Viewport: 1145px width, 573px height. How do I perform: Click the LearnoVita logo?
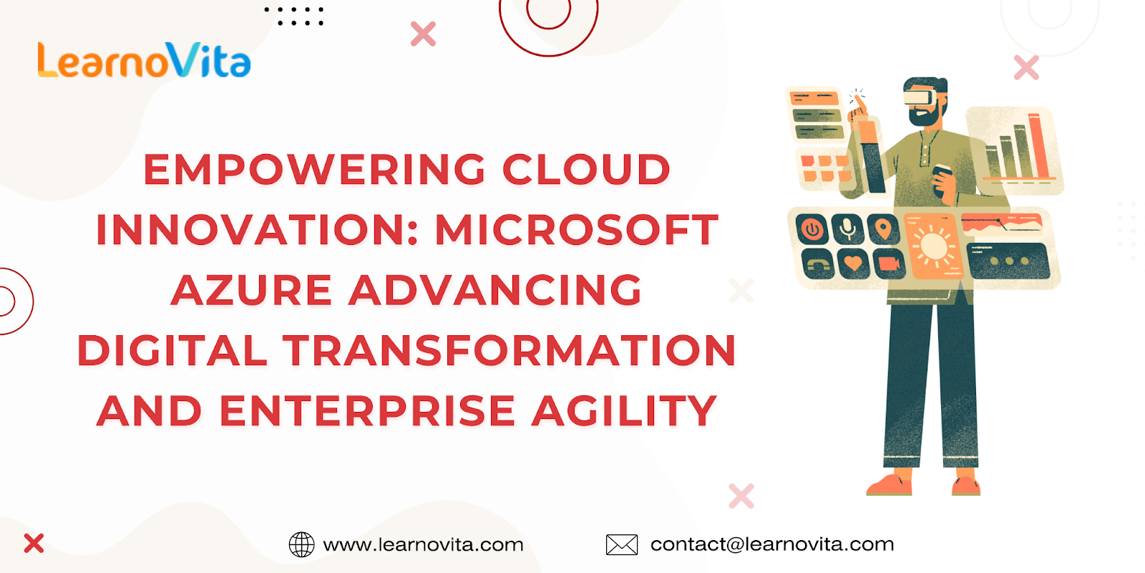pyautogui.click(x=144, y=60)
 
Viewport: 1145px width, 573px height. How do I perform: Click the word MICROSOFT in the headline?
pyautogui.click(x=577, y=230)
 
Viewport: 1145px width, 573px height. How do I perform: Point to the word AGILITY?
pyautogui.click(x=624, y=411)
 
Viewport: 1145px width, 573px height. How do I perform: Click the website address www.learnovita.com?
pyautogui.click(x=423, y=544)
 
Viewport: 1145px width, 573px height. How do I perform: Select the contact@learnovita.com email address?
pyautogui.click(x=772, y=544)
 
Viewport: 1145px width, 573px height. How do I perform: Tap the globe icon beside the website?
pyautogui.click(x=301, y=544)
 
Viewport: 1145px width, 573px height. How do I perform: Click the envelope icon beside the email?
pyautogui.click(x=622, y=544)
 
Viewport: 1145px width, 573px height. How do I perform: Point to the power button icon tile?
pyautogui.click(x=812, y=228)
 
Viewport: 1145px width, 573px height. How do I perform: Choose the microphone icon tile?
pyautogui.click(x=847, y=228)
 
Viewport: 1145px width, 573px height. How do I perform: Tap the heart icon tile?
pyautogui.click(x=852, y=264)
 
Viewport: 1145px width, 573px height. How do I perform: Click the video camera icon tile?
pyautogui.click(x=889, y=264)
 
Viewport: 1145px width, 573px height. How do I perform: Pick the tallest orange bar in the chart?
pyautogui.click(x=1038, y=146)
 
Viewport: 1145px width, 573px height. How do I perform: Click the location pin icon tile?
pyautogui.click(x=883, y=228)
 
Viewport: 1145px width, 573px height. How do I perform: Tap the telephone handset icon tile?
pyautogui.click(x=817, y=264)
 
